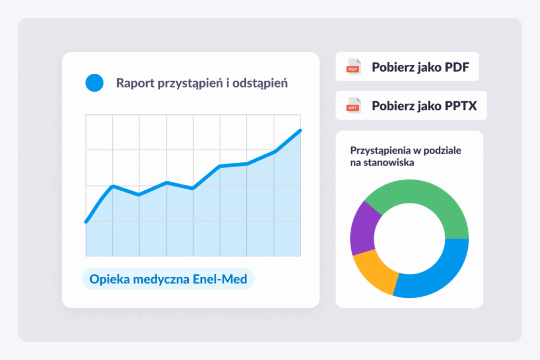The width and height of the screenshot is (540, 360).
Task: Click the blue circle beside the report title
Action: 94,83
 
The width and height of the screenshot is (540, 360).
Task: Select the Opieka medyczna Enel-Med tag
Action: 168,279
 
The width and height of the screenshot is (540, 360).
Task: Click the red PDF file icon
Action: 353,67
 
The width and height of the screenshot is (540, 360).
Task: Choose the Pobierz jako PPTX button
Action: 411,105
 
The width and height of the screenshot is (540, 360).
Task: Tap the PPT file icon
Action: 353,106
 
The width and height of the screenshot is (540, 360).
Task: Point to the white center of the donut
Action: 409,238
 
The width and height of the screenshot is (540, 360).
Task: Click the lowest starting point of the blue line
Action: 86,222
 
